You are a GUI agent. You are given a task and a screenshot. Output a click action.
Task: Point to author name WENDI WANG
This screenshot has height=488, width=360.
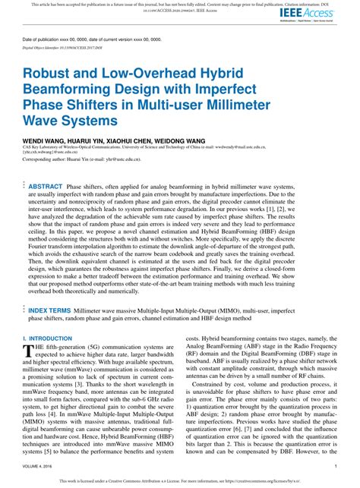click(43, 141)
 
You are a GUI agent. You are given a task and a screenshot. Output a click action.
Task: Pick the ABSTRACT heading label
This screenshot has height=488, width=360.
click(46, 186)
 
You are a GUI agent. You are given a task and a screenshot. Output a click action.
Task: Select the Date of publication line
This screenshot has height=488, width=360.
click(92, 39)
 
